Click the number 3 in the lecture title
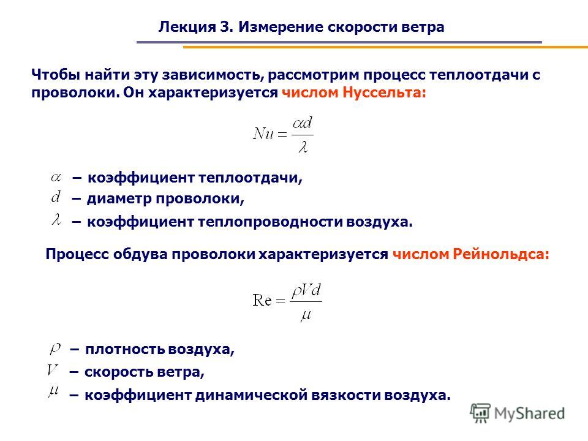pyautogui.click(x=224, y=27)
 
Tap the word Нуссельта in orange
pyautogui.click(x=385, y=92)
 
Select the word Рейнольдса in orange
pyautogui.click(x=501, y=254)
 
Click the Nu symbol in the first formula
pyautogui.click(x=263, y=134)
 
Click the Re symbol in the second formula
pyautogui.click(x=262, y=300)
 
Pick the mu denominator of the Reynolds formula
pyautogui.click(x=306, y=315)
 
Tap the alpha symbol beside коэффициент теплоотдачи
pyautogui.click(x=56, y=177)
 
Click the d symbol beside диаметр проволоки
pyautogui.click(x=56, y=196)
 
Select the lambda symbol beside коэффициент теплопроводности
pyautogui.click(x=56, y=219)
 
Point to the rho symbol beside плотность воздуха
pyautogui.click(x=55, y=349)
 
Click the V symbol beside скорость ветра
pyautogui.click(x=53, y=370)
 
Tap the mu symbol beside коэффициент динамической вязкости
pyautogui.click(x=54, y=391)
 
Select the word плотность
pyautogui.click(x=125, y=349)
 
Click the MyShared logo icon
pyautogui.click(x=480, y=413)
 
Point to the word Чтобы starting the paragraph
pyautogui.click(x=56, y=75)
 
